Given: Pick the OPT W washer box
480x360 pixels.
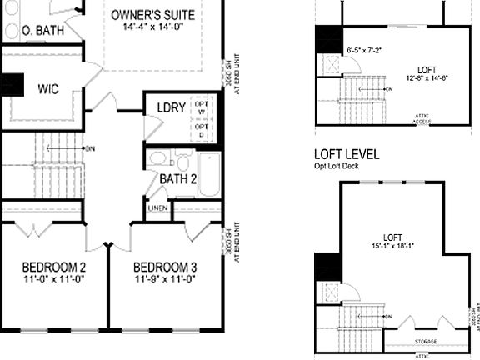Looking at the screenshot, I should (202, 107).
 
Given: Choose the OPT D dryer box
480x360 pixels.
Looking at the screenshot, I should (202, 130).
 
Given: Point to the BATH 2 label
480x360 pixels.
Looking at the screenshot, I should (177, 178).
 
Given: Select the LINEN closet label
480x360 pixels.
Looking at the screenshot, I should (157, 207).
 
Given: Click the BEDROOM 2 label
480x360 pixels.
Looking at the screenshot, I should (54, 267).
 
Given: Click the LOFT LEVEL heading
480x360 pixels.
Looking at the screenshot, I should (347, 154).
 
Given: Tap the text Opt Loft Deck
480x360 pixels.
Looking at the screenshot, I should (333, 167).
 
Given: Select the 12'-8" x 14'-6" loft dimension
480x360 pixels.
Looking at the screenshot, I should (427, 78).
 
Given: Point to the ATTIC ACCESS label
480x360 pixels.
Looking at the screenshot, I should (422, 118).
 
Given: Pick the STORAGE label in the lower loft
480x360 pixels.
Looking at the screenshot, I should (426, 342).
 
